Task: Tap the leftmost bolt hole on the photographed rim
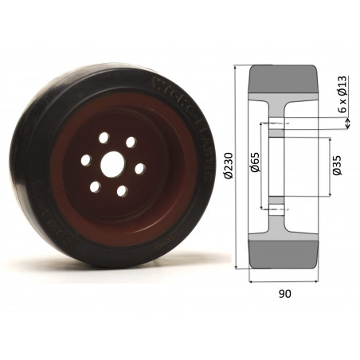[x=86, y=160]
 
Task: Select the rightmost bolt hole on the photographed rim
[x=139, y=169]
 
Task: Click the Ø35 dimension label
[x=338, y=168]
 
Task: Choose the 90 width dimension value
[x=285, y=293]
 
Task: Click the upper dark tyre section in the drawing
[x=285, y=79]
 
